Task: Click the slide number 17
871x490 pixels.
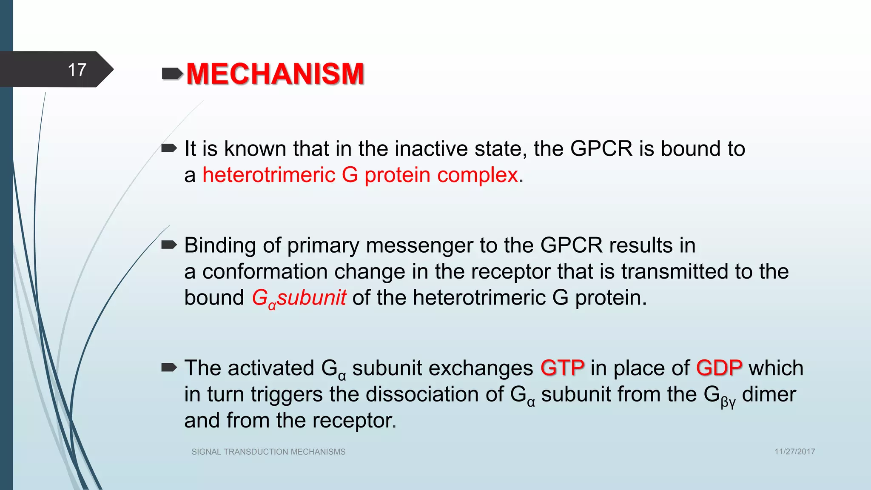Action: tap(77, 70)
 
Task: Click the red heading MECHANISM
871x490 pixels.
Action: tap(275, 74)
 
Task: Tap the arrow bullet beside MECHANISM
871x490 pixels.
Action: tap(172, 74)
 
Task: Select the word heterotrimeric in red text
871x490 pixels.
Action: tap(269, 175)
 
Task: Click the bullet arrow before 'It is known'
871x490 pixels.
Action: tap(169, 148)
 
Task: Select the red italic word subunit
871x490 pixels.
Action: tap(311, 298)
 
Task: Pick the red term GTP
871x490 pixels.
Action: tap(562, 368)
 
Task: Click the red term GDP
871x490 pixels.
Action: tap(719, 368)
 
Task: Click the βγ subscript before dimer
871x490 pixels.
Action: tap(728, 402)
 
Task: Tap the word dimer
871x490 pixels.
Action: tap(769, 394)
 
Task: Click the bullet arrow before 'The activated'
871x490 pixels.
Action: tap(169, 367)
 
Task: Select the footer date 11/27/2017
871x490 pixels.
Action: tap(794, 452)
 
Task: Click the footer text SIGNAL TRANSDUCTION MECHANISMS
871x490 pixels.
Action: tap(268, 452)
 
